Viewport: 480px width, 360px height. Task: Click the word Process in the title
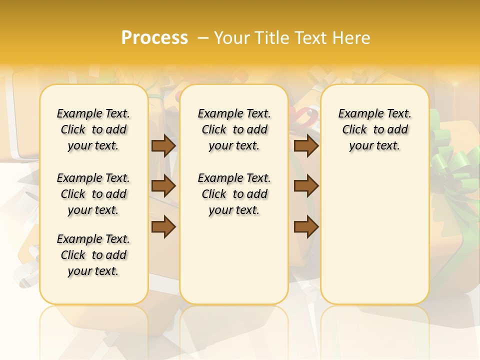pyautogui.click(x=154, y=38)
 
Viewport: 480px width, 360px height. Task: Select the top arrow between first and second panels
pyautogui.click(x=163, y=145)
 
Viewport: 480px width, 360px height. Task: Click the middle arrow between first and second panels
pyautogui.click(x=163, y=186)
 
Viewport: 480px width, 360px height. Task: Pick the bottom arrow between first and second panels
pyautogui.click(x=163, y=226)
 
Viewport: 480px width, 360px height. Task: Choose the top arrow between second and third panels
pyautogui.click(x=306, y=145)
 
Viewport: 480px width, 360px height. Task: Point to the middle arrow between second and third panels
pyautogui.click(x=306, y=186)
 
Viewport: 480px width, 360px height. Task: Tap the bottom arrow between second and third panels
pyautogui.click(x=306, y=226)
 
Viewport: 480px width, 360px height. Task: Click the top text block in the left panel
pyautogui.click(x=93, y=129)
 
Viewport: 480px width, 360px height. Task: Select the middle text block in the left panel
pyautogui.click(x=93, y=194)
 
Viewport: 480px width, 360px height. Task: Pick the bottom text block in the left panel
pyautogui.click(x=93, y=255)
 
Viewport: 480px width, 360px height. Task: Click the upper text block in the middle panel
pyautogui.click(x=234, y=129)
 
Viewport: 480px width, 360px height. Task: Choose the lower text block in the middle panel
pyautogui.click(x=234, y=194)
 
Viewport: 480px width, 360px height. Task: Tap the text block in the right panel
pyautogui.click(x=375, y=129)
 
